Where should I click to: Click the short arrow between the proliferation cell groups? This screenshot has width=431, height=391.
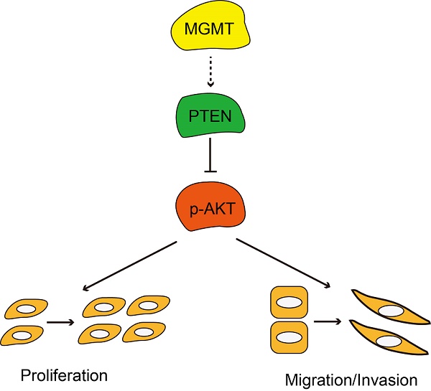pyautogui.click(x=60, y=321)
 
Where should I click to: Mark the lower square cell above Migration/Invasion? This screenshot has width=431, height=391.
pyautogui.click(x=287, y=339)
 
